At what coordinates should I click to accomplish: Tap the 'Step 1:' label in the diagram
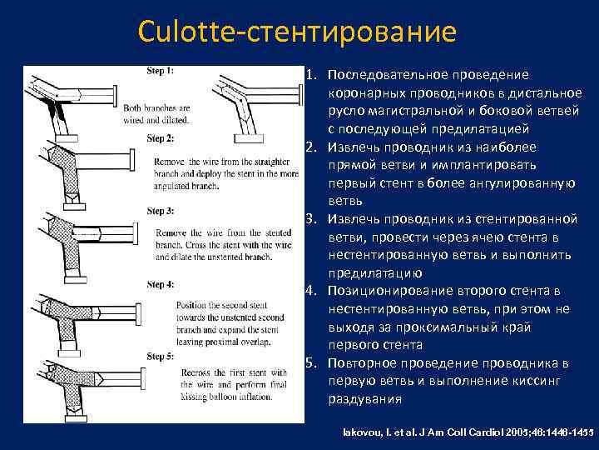pyautogui.click(x=161, y=71)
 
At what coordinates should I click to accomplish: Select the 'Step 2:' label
pyautogui.click(x=160, y=137)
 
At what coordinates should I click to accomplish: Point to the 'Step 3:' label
pyautogui.click(x=160, y=211)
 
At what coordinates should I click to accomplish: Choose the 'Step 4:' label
pyautogui.click(x=160, y=284)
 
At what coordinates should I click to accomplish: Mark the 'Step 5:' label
pyautogui.click(x=160, y=357)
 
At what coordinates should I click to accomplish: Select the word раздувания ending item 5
pyautogui.click(x=364, y=399)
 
